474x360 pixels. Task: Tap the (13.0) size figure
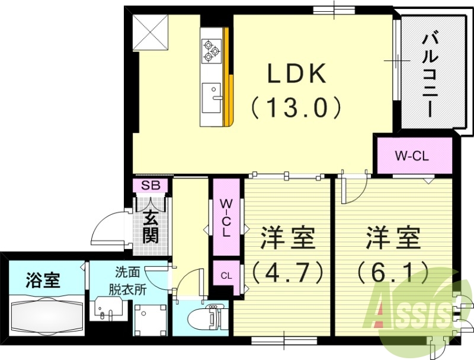coord(296,108)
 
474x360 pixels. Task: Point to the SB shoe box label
coord(150,186)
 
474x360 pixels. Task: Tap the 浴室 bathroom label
coord(43,279)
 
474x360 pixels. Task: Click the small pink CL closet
coord(226,276)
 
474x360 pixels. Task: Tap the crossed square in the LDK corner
coord(150,31)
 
